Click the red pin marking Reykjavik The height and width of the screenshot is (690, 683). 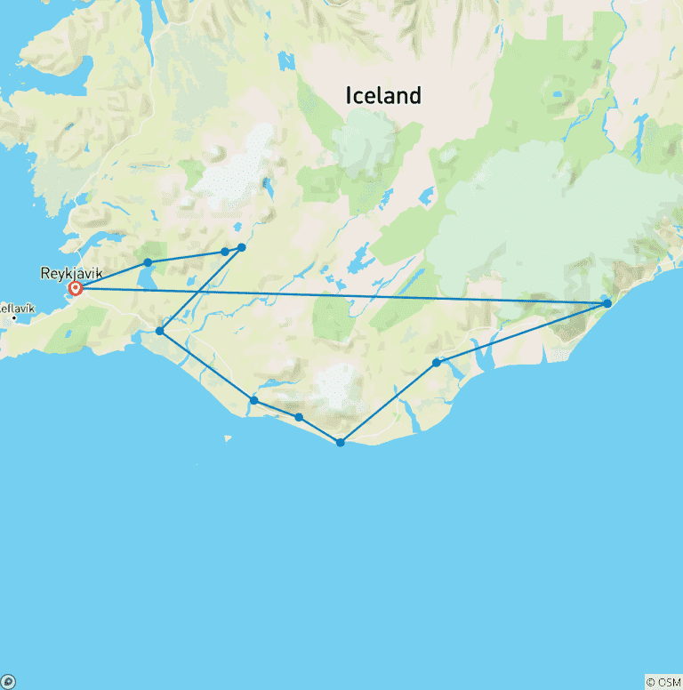[76, 288]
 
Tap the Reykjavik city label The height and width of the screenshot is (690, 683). [71, 273]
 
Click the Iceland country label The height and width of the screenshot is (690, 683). [383, 96]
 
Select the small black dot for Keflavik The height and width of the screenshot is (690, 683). [14, 317]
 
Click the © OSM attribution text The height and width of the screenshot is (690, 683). [663, 682]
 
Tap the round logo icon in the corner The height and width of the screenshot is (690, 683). [8, 682]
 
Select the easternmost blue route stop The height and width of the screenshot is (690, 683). [607, 304]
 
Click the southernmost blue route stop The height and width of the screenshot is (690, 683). [341, 443]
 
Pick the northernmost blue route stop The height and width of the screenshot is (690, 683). [241, 248]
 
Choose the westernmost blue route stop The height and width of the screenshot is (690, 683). [148, 262]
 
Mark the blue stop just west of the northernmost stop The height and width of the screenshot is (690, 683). [225, 252]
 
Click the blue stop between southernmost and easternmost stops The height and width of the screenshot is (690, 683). [437, 363]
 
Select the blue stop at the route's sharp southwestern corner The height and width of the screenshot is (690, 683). [160, 331]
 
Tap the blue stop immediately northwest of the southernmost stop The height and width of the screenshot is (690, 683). [299, 417]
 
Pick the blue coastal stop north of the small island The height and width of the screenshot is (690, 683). [254, 401]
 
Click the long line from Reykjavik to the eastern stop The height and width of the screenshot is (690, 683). [356, 295]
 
